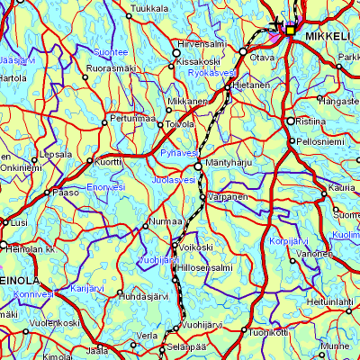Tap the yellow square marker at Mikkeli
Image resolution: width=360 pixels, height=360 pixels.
[291, 28]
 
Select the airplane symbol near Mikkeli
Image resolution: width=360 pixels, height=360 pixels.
[275, 24]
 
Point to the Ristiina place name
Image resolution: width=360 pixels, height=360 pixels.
[310, 120]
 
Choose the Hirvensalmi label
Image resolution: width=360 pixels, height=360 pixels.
[202, 43]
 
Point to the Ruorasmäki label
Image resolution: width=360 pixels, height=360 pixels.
[110, 67]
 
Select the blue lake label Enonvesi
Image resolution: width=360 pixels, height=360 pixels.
[105, 186]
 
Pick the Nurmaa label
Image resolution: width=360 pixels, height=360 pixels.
[165, 220]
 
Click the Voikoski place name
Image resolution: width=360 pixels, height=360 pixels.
[194, 246]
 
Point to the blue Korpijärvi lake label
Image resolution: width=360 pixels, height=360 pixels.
[289, 243]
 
